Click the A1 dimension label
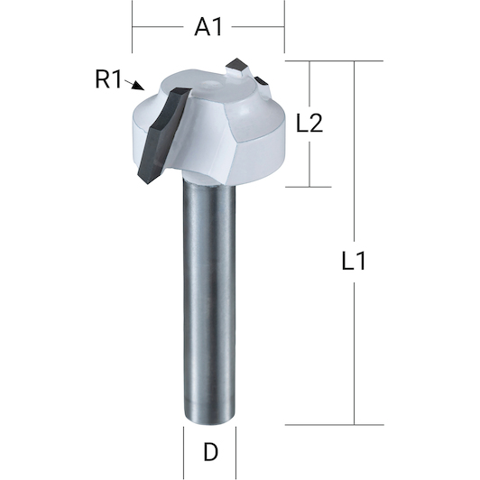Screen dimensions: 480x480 [x=208, y=27]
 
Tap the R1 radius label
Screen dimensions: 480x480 [x=108, y=79]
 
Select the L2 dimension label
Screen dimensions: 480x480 [x=309, y=123]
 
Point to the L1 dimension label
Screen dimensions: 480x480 [x=354, y=261]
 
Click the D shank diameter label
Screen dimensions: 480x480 [x=210, y=452]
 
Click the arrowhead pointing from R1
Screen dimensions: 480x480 [x=138, y=86]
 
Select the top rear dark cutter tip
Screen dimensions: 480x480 [x=236, y=65]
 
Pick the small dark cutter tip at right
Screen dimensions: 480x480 [x=261, y=81]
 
